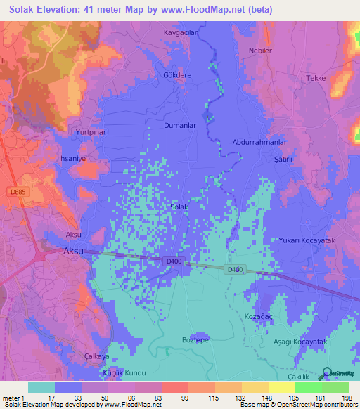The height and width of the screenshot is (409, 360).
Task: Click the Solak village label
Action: point(179,207)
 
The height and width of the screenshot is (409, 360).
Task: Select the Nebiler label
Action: point(260,51)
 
